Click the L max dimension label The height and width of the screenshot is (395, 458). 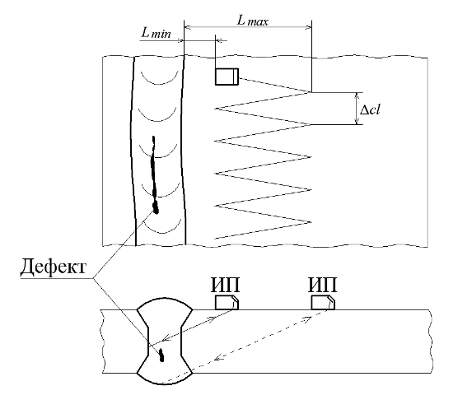(x=252, y=21)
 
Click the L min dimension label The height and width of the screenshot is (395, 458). (x=156, y=33)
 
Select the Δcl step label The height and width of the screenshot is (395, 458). (x=370, y=110)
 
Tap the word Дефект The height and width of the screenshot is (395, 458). (x=54, y=266)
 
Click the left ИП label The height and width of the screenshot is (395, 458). (x=225, y=285)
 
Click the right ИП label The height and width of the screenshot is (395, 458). (x=322, y=285)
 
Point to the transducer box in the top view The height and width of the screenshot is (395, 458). (x=227, y=77)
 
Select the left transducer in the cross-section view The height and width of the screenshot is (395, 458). (x=227, y=303)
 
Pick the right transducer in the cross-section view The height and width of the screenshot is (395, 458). (x=323, y=303)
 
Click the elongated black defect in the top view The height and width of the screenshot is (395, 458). (x=154, y=175)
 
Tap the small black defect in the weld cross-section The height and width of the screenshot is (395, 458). (x=161, y=355)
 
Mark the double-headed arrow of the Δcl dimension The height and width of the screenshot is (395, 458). (x=357, y=109)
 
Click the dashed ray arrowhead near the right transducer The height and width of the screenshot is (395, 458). (x=306, y=318)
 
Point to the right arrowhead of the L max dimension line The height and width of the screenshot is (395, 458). (x=308, y=27)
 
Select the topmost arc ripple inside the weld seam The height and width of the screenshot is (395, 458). (x=160, y=79)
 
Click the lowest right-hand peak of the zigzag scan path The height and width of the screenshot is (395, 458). (x=311, y=222)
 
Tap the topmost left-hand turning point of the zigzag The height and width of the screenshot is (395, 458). (x=215, y=109)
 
